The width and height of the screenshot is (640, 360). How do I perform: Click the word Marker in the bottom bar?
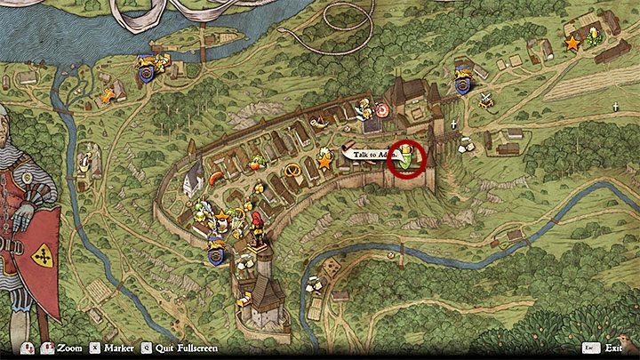coord(122,348)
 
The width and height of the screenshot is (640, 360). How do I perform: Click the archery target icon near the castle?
coord(381,110)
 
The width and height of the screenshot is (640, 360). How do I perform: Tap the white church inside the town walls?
coord(191,180)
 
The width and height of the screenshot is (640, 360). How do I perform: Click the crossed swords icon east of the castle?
coord(485,100)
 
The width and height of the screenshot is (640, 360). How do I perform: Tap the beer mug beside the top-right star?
coord(595,39)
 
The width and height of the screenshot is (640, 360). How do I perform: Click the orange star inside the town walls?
coord(325,162)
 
